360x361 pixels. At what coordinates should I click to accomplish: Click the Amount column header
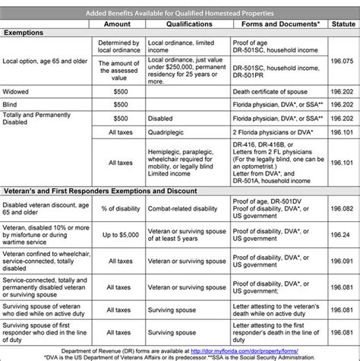pos(112,23)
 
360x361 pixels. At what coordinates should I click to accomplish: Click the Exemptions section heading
pos(28,33)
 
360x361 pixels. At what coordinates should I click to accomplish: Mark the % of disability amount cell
pos(112,208)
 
